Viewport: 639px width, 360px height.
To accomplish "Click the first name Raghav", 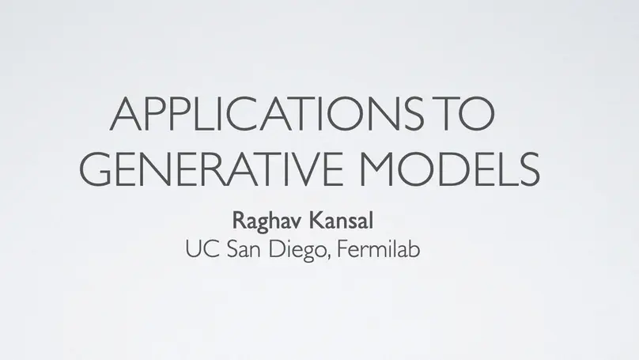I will (259, 218).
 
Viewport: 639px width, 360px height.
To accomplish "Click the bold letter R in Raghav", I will (236, 218).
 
